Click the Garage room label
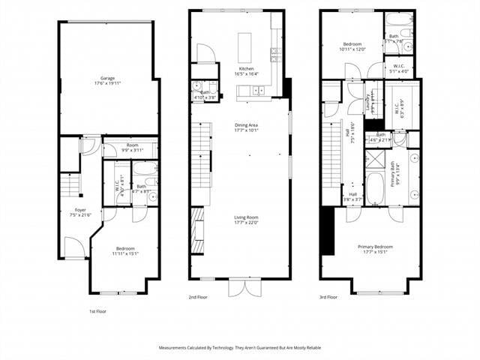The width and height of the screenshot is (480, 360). (108, 78)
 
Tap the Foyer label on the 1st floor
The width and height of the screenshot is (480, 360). (79, 210)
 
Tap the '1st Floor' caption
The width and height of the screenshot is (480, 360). (97, 310)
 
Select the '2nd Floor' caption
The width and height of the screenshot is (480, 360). (197, 297)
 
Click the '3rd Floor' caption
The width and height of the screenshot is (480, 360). (328, 297)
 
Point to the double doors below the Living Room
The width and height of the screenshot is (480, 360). (240, 287)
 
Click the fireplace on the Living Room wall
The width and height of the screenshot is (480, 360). (196, 232)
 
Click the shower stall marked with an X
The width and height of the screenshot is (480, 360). (374, 158)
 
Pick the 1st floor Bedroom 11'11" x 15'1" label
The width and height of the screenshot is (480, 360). (124, 250)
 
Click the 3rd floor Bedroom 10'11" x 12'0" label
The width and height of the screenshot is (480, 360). (351, 46)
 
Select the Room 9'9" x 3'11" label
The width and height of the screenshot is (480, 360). (132, 147)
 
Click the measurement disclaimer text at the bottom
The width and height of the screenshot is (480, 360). (239, 348)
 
